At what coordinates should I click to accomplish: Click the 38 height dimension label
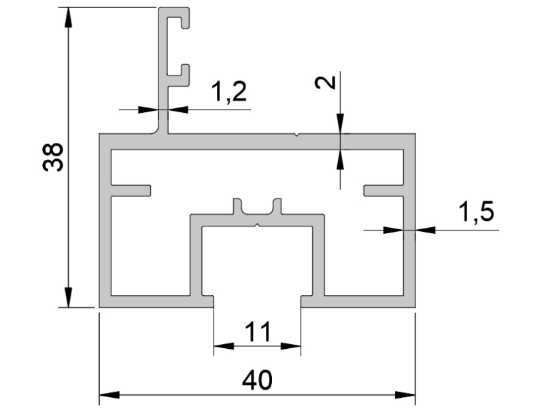point(53,157)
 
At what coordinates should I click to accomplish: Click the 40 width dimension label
point(257,380)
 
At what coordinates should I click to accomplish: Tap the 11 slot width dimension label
point(258,332)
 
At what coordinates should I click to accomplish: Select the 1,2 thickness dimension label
point(229,91)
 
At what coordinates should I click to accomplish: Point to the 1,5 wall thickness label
point(477,211)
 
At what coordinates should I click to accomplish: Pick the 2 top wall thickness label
point(326,82)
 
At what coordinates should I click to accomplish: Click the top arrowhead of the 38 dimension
point(69,16)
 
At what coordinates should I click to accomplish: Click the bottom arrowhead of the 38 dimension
point(69,297)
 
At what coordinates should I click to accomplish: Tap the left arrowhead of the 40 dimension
point(109,395)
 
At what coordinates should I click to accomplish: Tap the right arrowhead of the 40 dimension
point(405,395)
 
